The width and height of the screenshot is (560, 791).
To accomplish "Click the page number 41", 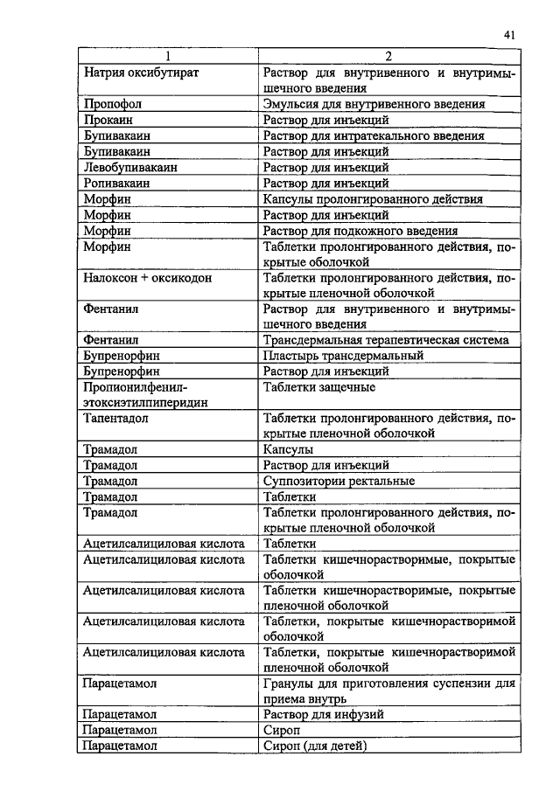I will tap(509, 34).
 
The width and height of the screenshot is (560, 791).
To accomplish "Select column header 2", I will tap(388, 57).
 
